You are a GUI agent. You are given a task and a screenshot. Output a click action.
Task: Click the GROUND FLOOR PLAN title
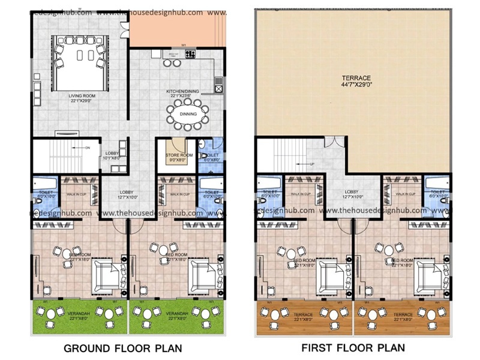click(x=123, y=347)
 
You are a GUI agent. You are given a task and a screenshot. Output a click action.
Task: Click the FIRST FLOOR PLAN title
click(x=353, y=347)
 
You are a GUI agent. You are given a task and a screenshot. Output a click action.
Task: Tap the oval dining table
click(x=188, y=113)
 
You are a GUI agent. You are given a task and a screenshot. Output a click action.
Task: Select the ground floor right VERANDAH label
click(x=177, y=316)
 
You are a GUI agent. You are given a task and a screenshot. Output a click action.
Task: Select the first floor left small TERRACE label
click(x=303, y=316)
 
